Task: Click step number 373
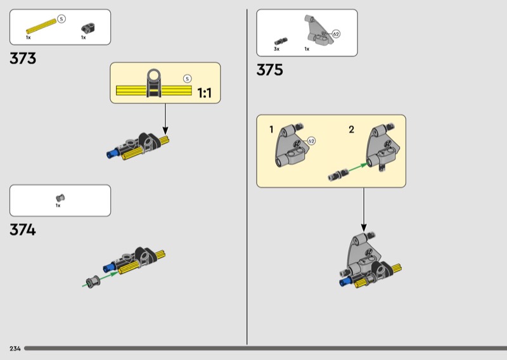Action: (x=23, y=58)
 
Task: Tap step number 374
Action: (x=23, y=230)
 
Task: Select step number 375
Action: (x=270, y=70)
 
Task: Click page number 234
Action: (x=15, y=349)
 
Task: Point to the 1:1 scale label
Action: (x=204, y=93)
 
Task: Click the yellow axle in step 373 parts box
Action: (x=41, y=26)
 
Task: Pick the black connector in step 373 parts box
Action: (x=88, y=29)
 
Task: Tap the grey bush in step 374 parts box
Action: (x=60, y=198)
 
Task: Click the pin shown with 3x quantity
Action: (x=281, y=41)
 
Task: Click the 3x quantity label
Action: (x=276, y=49)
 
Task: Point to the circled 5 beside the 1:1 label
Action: (x=187, y=79)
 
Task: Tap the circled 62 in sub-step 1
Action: (x=311, y=141)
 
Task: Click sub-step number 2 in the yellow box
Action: (x=352, y=130)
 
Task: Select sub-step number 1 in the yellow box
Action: (x=271, y=130)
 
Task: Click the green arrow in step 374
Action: (x=101, y=280)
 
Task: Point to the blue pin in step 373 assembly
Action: (x=112, y=152)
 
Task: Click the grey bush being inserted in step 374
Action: (x=93, y=281)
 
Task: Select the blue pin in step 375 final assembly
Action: (x=345, y=281)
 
